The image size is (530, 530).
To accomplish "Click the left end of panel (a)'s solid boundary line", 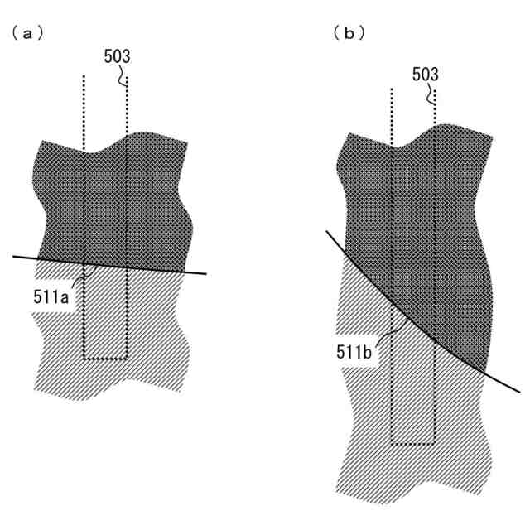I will point(14,257).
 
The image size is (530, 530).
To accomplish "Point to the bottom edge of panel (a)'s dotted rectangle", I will point(105,359).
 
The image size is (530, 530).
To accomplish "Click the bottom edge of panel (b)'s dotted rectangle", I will point(412,443).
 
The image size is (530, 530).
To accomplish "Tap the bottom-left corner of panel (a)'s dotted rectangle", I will point(84,359).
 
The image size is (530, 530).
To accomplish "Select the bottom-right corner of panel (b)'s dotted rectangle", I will point(435,443).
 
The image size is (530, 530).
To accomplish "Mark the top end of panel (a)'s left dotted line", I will point(84,77).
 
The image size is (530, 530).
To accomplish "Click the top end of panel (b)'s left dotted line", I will point(390,88).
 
